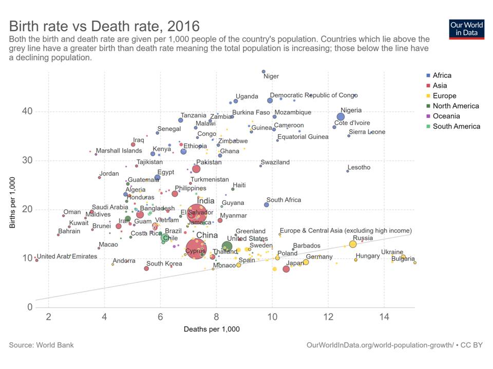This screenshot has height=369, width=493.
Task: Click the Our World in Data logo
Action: pos(466,30)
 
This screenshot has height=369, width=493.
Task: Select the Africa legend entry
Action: pos(442,75)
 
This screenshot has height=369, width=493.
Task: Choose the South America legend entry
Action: pos(456,127)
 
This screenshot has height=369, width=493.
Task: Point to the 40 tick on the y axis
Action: pos(27,112)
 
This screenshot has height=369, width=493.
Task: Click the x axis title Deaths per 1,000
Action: pos(212,329)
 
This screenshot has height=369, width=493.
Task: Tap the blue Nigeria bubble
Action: pos(340,117)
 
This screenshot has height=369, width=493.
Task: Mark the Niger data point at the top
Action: pos(263,72)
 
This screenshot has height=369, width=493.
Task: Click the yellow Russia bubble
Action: pos(353,244)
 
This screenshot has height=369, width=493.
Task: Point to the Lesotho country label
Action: pos(358,168)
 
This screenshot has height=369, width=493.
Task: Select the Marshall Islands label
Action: pos(119,151)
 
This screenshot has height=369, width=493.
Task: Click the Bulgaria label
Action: pos(403,259)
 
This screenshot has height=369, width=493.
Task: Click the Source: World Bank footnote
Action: pos(41,345)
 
